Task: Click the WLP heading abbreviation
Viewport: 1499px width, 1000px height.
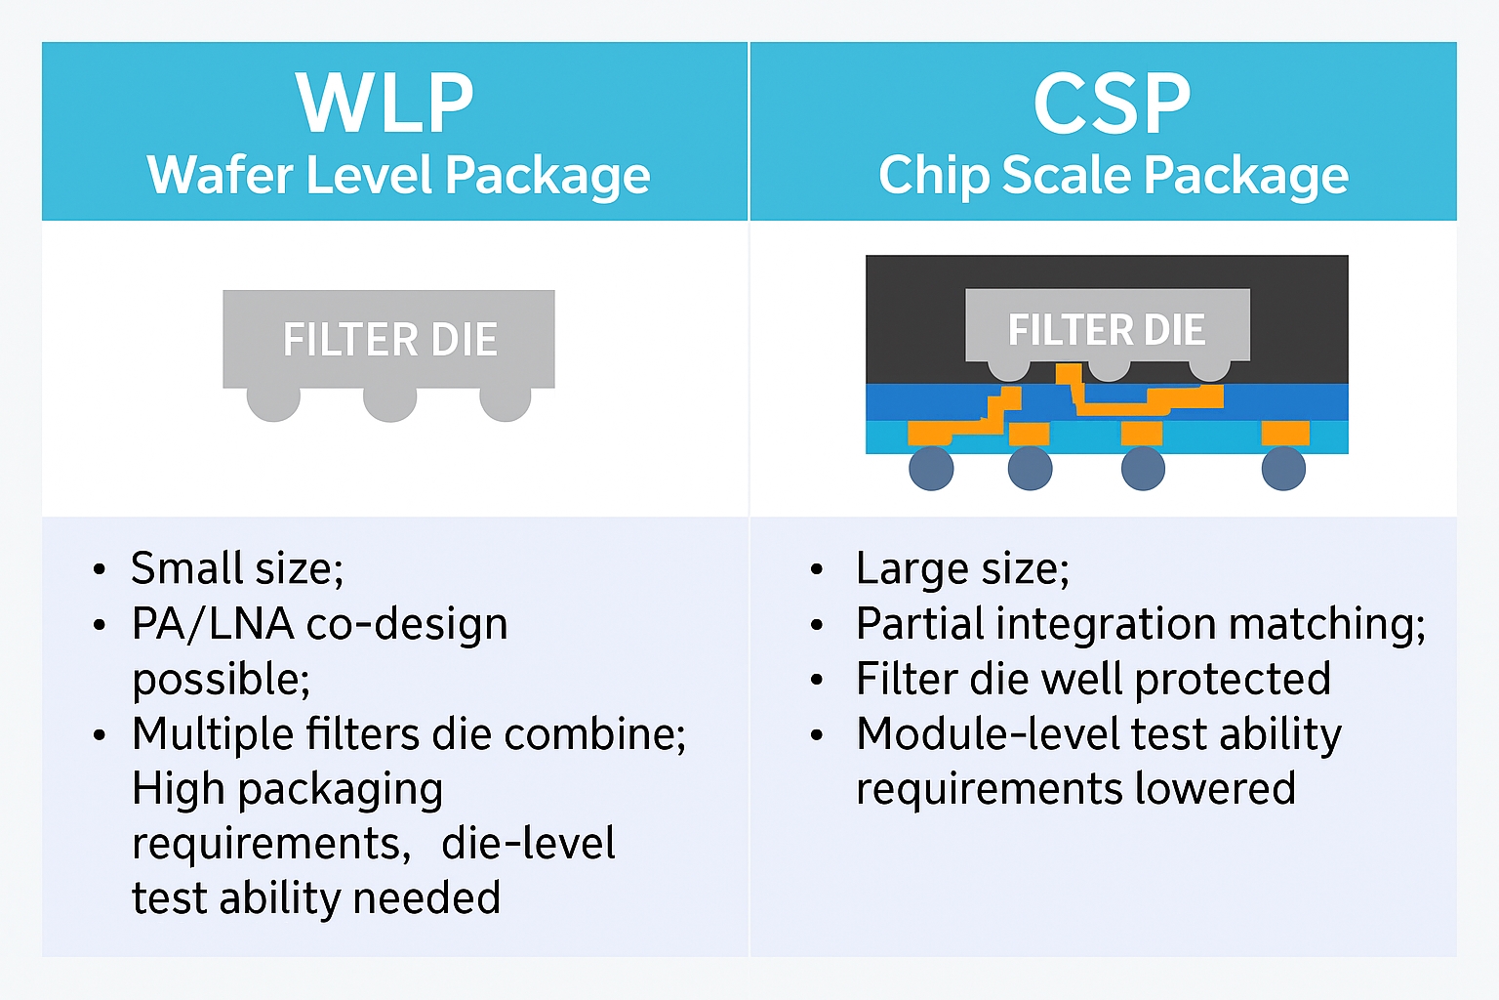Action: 385,104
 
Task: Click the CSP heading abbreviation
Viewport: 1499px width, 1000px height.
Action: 1112,104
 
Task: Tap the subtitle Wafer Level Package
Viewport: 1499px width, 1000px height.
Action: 398,176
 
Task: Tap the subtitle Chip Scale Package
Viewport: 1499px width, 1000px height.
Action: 1114,176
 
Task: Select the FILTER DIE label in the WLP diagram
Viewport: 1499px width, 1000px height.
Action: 389,340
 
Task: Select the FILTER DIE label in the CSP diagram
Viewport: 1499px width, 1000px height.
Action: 1107,330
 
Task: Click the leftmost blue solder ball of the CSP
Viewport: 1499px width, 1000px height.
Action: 931,469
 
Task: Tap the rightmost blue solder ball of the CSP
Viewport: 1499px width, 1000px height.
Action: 1283,469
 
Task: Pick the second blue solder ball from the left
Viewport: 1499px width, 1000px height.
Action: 1030,469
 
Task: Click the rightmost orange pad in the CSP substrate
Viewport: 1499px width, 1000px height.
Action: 1285,433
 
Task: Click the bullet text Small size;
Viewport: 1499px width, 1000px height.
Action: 237,568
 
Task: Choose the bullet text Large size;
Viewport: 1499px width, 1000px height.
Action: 962,568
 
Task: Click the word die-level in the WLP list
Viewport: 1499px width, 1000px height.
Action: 528,844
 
